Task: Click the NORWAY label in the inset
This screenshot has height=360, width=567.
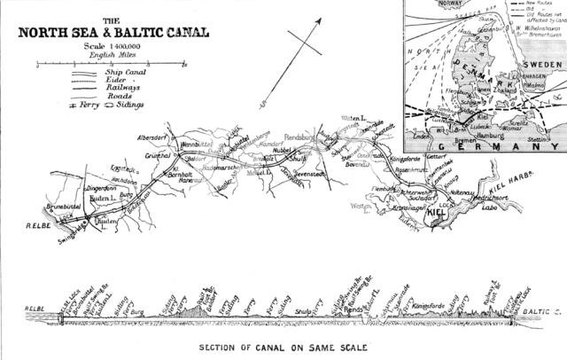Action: pyautogui.click(x=421, y=3)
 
